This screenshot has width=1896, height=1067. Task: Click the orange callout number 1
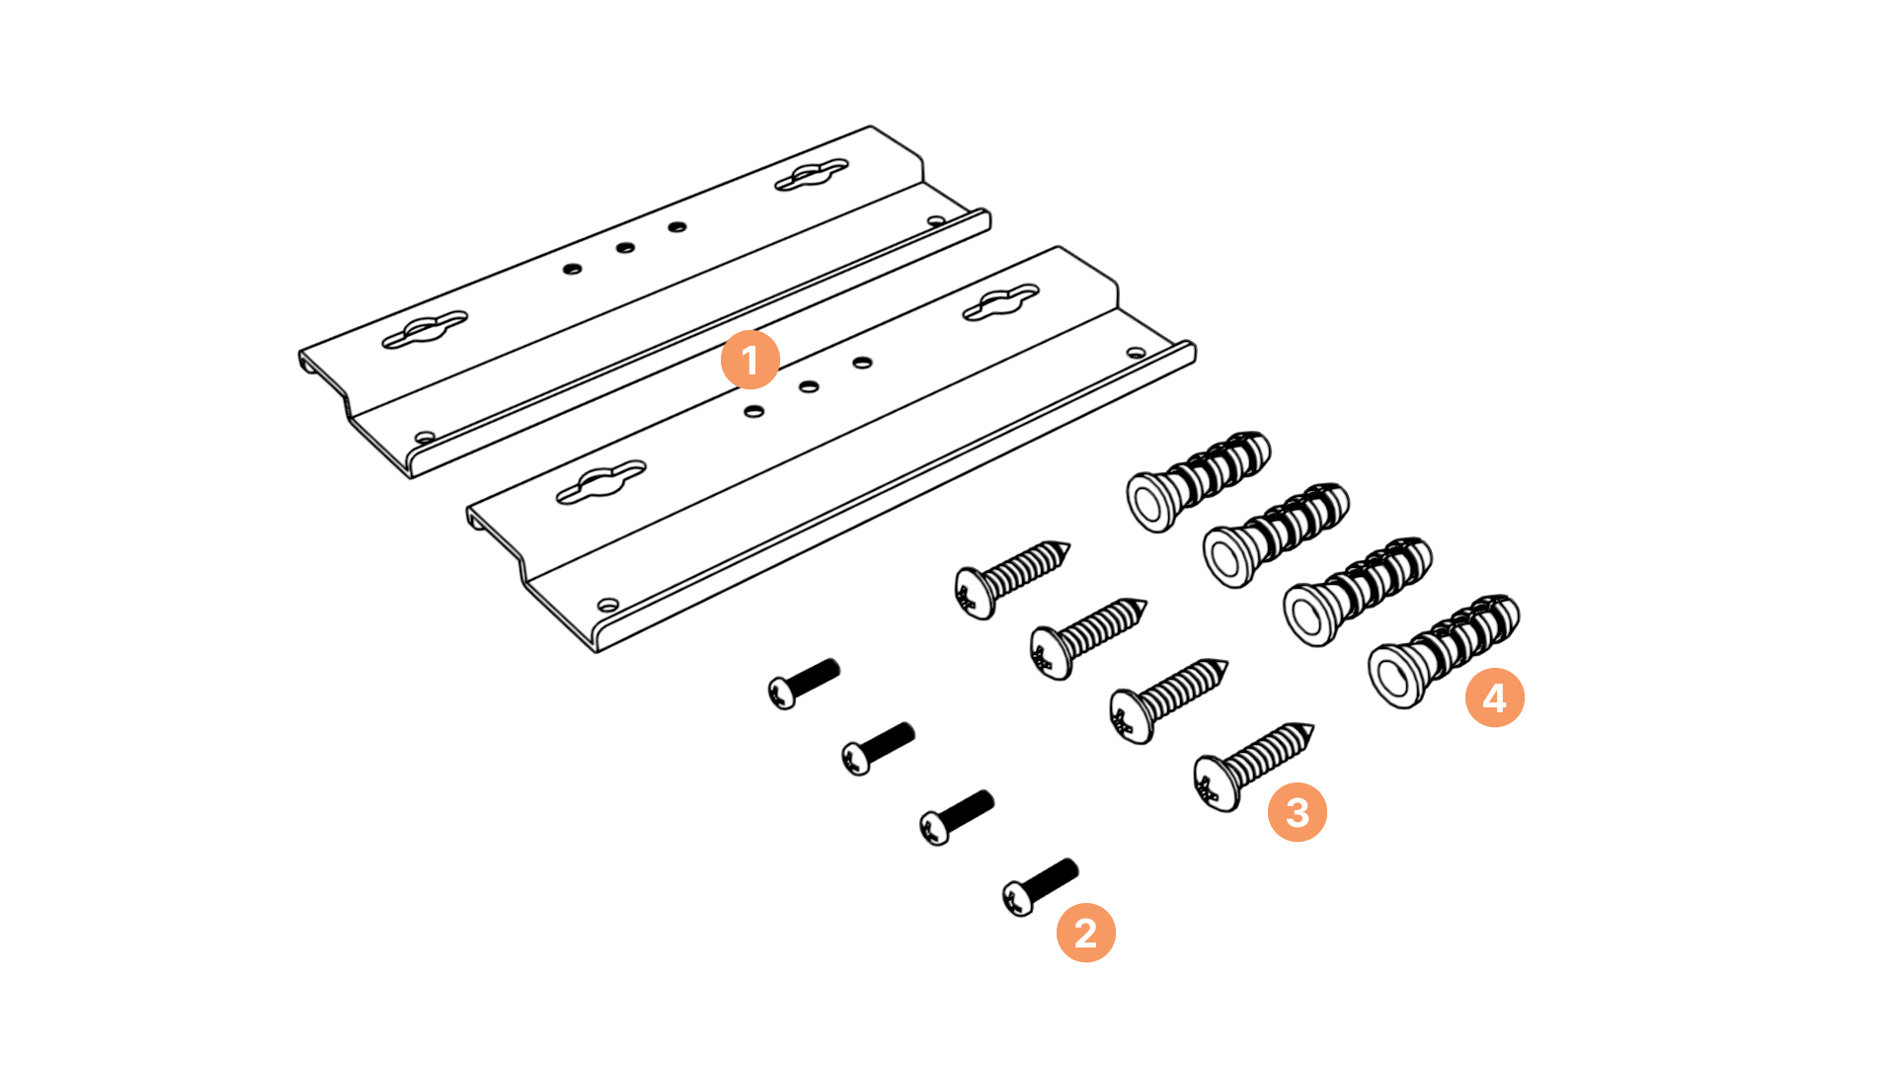tap(750, 360)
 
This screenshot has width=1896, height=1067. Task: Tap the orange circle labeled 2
tap(1086, 933)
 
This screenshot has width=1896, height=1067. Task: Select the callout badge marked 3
tap(1298, 812)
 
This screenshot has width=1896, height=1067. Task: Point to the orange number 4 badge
tap(1495, 698)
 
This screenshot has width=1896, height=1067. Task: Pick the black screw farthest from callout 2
tap(804, 683)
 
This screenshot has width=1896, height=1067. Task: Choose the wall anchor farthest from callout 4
tap(1199, 481)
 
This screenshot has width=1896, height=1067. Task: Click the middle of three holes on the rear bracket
tap(625, 247)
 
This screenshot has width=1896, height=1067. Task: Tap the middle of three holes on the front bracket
tap(809, 386)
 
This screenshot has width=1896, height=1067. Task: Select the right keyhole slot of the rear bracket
tap(812, 175)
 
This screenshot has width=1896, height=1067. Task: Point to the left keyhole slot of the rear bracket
tap(425, 330)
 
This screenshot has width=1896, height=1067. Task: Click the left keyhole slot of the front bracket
tap(600, 482)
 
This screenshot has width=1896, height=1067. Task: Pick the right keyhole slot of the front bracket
tap(1001, 303)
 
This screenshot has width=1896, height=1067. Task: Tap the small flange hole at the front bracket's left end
tap(608, 604)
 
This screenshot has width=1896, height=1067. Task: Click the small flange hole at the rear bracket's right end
tap(935, 221)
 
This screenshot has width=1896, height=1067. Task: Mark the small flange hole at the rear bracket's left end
tap(425, 437)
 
